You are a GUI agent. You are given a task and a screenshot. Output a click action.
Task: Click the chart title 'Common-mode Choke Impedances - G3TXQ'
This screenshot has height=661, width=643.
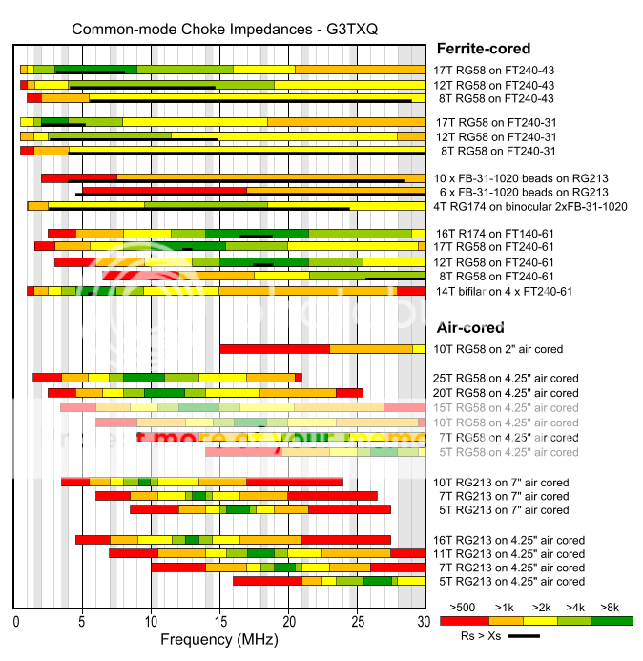coord(225,29)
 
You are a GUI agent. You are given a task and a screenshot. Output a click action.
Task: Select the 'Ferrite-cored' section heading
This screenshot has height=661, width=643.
coord(483,49)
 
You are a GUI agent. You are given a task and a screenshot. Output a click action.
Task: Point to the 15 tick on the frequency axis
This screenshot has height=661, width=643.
coord(219,621)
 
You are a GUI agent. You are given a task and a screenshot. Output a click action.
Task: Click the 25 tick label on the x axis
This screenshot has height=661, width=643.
coord(357,621)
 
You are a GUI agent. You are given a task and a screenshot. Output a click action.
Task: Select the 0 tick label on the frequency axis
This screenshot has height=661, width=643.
coord(16,621)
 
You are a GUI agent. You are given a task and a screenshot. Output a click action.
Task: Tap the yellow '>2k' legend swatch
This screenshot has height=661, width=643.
coord(536,619)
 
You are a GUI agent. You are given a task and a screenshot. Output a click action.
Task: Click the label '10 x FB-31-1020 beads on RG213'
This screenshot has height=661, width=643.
coord(521,178)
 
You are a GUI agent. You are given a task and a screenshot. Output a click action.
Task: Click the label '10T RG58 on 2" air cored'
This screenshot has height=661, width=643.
coord(498,349)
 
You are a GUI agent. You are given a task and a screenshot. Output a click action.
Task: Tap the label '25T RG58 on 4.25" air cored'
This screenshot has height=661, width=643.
coord(506,378)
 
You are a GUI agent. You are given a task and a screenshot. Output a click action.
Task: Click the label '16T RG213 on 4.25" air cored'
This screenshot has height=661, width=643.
coord(508,540)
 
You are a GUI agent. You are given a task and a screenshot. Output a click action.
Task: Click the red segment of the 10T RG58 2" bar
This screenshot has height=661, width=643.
coord(275,349)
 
